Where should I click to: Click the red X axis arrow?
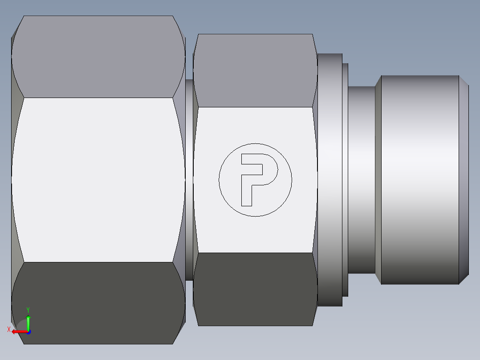coord(18,331)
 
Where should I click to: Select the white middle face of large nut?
coord(98,180)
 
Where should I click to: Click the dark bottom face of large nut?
coord(98,303)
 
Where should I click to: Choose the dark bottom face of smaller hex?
coord(255,289)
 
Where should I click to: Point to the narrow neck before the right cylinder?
coord(361,180)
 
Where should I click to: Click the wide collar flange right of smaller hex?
coord(329,180)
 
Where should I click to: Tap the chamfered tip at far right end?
coord(464,180)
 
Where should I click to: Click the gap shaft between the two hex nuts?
coord(189,180)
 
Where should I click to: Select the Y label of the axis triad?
coord(28,310)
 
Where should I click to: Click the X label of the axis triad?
coord(8,330)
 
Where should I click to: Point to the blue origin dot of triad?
coord(28,331)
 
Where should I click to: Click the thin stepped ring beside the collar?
coord(345,180)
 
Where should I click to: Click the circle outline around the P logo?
coord(255,143)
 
